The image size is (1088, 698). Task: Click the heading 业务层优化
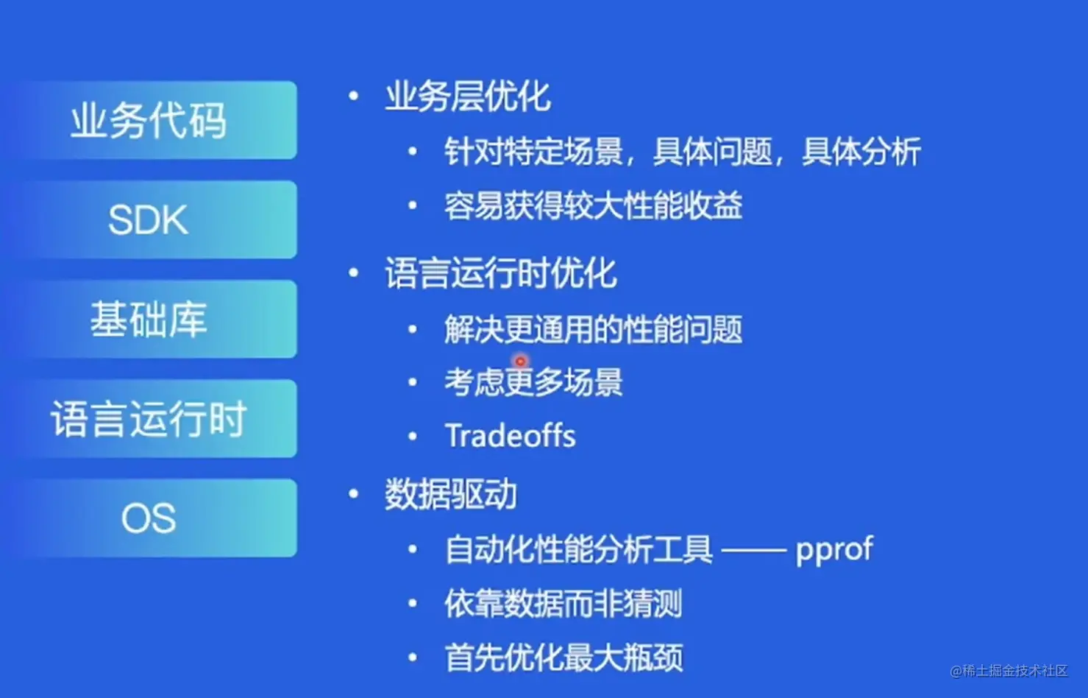pyautogui.click(x=468, y=96)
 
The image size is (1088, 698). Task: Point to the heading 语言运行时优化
pyautogui.click(x=501, y=272)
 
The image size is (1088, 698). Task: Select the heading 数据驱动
pyautogui.click(x=451, y=495)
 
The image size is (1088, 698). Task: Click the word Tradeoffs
pyautogui.click(x=511, y=435)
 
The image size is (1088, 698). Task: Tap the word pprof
pyautogui.click(x=834, y=551)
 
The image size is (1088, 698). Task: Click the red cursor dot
pyautogui.click(x=521, y=362)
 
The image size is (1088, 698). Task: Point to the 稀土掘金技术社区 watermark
pyautogui.click(x=1009, y=671)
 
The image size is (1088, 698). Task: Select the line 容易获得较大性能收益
pyautogui.click(x=594, y=205)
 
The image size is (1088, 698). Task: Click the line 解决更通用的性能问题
pyautogui.click(x=594, y=330)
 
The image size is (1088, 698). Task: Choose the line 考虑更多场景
pyautogui.click(x=533, y=382)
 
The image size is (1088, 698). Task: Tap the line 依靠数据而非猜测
pyautogui.click(x=563, y=603)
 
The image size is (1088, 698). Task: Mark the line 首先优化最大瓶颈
pyautogui.click(x=564, y=658)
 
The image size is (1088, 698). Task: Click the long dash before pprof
pyautogui.click(x=754, y=550)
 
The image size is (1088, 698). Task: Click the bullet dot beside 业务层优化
pyautogui.click(x=354, y=96)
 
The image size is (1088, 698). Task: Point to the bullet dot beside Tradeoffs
pyautogui.click(x=413, y=436)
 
